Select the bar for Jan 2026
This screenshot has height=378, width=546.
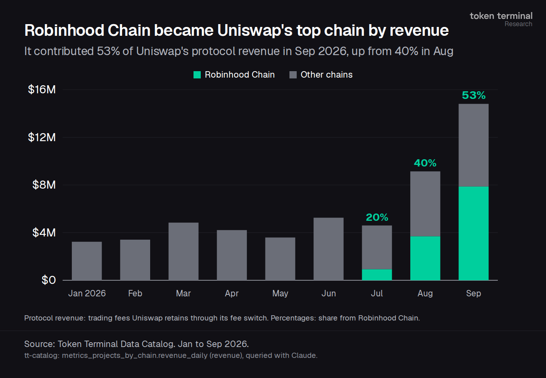coord(87,261)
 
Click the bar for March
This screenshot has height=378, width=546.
coord(183,251)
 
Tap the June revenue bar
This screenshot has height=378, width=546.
coord(328,249)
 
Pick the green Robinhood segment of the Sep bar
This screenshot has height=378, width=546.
coord(474,233)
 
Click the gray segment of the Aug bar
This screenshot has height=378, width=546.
coord(425,204)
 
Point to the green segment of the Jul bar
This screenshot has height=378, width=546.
coord(377,275)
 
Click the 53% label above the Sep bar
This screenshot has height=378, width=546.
coord(474,95)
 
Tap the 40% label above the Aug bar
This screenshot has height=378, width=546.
coord(425,163)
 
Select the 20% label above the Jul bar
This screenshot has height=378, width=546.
coord(377,217)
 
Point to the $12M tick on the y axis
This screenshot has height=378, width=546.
coord(42,137)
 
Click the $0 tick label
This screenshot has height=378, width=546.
coord(49,280)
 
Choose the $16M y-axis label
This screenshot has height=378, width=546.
coord(42,90)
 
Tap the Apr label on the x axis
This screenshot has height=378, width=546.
coord(232,294)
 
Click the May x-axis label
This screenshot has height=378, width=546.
coord(280,294)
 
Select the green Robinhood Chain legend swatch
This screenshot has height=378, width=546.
coord(197,75)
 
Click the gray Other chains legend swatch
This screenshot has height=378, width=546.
coord(293,75)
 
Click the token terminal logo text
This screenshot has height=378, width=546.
coord(501,16)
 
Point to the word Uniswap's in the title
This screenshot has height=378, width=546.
coord(255,31)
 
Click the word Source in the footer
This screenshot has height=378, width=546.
coord(39,344)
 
